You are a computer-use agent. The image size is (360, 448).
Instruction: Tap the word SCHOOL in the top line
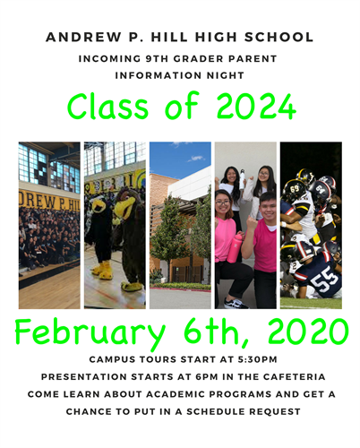[279, 38]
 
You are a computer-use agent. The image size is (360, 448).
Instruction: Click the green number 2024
[256, 107]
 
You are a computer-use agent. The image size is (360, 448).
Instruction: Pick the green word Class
[107, 106]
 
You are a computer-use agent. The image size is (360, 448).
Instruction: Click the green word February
[90, 333]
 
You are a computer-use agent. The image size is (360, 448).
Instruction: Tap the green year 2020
[308, 332]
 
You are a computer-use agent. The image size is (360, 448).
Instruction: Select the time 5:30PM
[257, 359]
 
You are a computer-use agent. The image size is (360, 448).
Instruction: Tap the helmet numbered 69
[294, 190]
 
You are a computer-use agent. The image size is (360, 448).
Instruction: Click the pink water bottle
[235, 247]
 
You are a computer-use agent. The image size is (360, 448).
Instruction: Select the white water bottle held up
[242, 180]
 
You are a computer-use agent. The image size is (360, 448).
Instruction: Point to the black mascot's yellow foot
[103, 271]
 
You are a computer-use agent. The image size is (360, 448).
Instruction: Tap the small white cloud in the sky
[195, 159]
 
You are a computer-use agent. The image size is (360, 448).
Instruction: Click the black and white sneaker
[236, 303]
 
